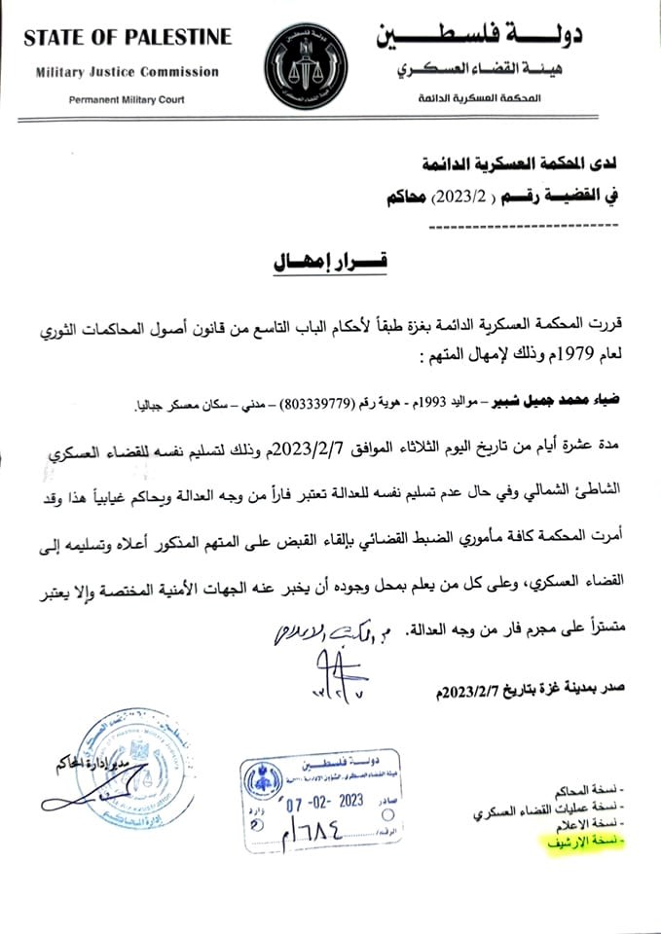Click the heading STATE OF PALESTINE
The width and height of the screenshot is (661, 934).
(128, 38)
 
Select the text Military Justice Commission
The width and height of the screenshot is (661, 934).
(128, 72)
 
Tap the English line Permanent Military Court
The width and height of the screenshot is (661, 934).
(128, 100)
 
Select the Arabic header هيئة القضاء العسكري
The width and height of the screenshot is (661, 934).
(491, 72)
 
